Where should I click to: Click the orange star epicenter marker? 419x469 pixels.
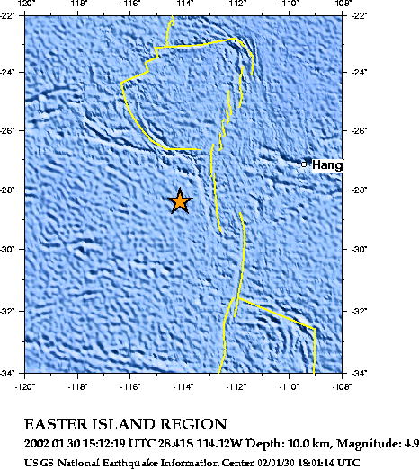pyautogui.click(x=180, y=200)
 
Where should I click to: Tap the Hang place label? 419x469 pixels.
pyautogui.click(x=326, y=165)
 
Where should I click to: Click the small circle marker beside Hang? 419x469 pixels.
pyautogui.click(x=304, y=164)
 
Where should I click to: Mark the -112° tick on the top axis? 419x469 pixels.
pyautogui.click(x=236, y=4)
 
